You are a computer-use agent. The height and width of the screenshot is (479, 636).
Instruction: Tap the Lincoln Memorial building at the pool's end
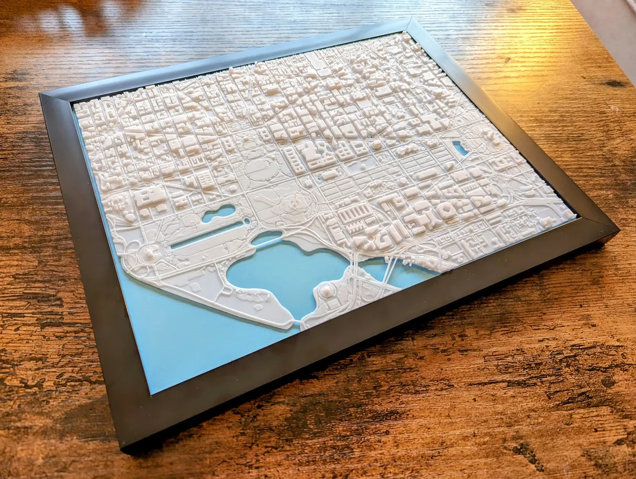149,254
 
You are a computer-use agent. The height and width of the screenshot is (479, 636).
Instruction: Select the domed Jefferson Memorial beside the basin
327,291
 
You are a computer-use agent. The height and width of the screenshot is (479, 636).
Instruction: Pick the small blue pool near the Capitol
458,148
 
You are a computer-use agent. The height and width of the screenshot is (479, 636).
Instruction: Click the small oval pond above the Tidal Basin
262,240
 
